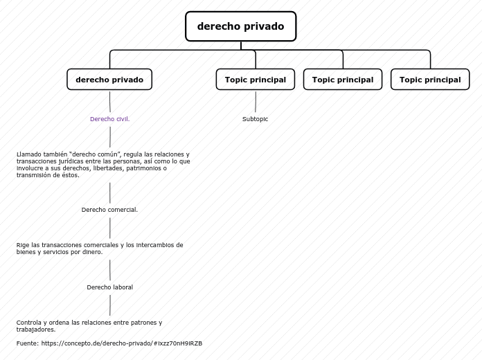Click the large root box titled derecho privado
coord(240,26)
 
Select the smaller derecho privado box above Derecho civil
coord(109,80)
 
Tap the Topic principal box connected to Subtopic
coord(255,80)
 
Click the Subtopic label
coord(255,119)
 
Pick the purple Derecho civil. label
coord(109,119)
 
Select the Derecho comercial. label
coord(109,210)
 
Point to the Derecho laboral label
coord(109,287)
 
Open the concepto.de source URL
coord(121,343)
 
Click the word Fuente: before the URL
coord(28,343)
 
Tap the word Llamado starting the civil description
coord(29,154)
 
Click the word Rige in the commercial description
coord(23,245)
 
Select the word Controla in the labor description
coord(29,323)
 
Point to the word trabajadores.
coord(36,330)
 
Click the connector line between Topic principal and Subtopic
coord(256,101)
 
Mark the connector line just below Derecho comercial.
coord(109,228)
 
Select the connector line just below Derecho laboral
coord(109,305)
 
